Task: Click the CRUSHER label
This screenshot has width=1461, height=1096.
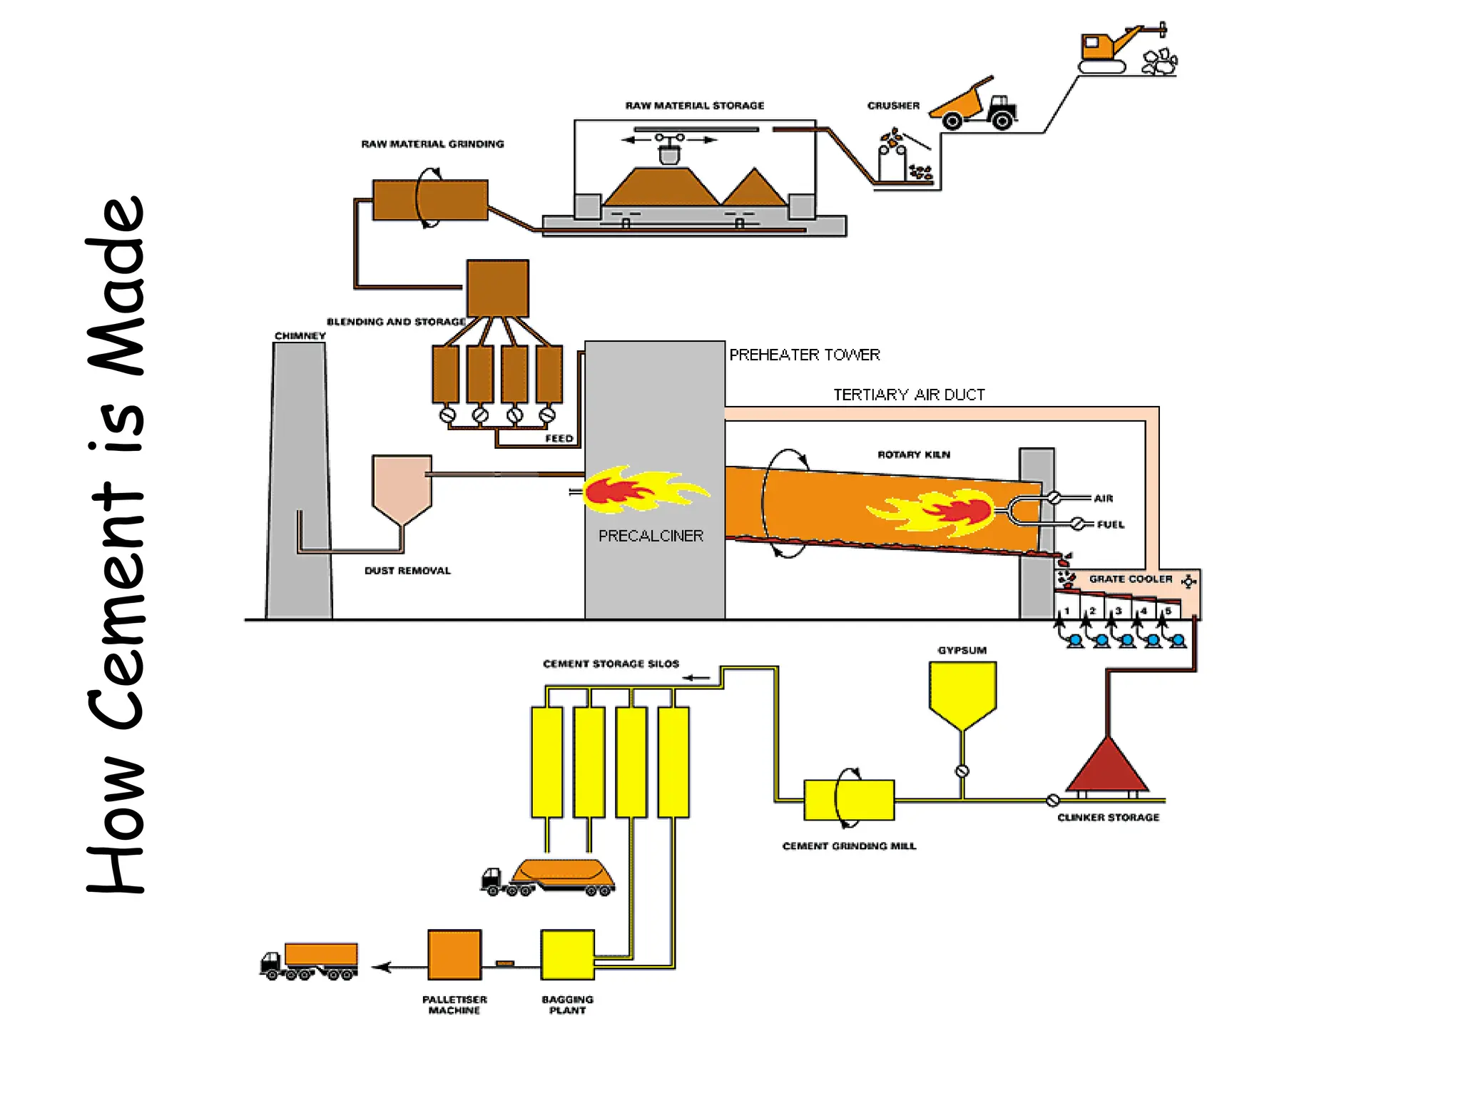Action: tap(892, 106)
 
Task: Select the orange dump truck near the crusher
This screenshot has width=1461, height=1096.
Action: tap(974, 106)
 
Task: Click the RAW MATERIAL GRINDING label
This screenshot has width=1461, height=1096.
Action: tap(432, 144)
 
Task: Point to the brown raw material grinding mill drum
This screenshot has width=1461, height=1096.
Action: tap(430, 200)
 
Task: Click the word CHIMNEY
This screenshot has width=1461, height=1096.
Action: tap(300, 335)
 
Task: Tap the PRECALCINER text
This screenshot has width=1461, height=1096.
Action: tap(651, 536)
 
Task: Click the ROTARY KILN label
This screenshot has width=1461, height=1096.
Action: tap(913, 455)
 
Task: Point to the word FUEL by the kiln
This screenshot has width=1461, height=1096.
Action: tap(1110, 524)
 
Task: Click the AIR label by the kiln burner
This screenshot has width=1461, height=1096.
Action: tap(1103, 498)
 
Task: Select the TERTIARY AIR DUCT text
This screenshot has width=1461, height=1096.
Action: tap(909, 395)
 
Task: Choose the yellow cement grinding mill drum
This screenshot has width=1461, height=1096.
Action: tap(848, 800)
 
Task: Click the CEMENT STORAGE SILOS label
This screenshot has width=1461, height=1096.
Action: tap(611, 664)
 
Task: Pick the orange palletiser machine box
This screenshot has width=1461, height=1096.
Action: tap(454, 955)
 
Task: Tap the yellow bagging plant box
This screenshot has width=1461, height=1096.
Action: tap(567, 955)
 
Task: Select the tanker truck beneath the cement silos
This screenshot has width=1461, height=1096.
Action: tap(549, 878)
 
